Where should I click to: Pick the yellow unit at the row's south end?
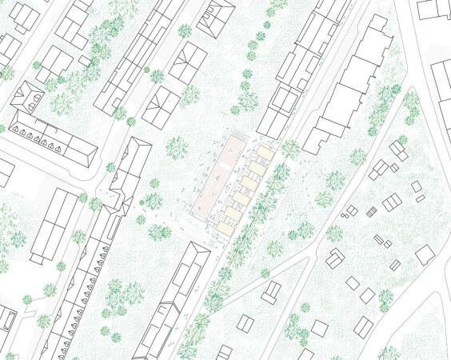(227, 227)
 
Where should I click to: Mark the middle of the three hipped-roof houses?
(188, 60)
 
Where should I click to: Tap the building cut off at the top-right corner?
(433, 9)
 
